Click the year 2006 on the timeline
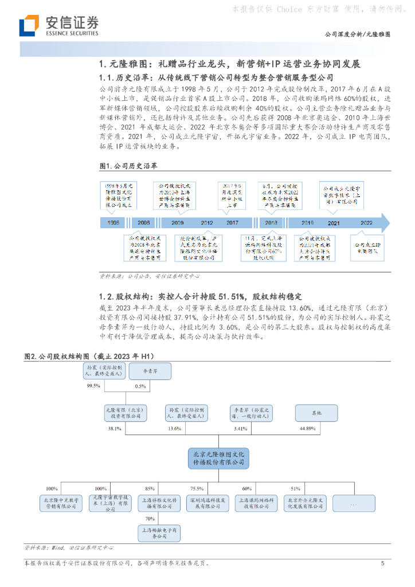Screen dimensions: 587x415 144,223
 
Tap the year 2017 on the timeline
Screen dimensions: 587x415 232,223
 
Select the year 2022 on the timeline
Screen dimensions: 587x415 366,223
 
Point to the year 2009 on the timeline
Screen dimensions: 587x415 177,223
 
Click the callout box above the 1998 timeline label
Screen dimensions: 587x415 118,195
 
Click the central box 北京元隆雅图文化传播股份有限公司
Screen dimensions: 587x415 218,457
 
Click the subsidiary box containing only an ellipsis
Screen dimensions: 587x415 353,503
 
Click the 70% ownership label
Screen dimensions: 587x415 150,518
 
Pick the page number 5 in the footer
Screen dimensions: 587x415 382,564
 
